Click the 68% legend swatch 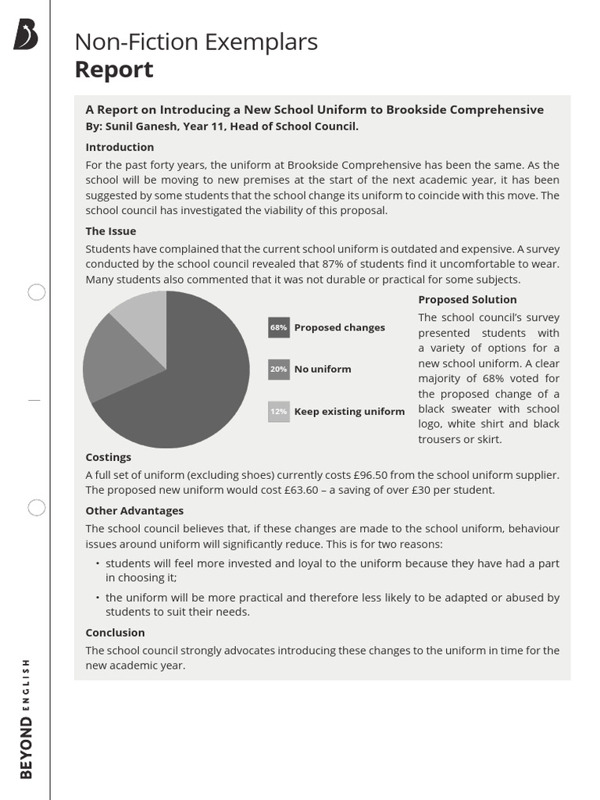pyautogui.click(x=278, y=328)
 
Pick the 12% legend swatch pyautogui.click(x=278, y=411)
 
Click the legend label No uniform pyautogui.click(x=323, y=370)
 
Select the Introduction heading pyautogui.click(x=120, y=147)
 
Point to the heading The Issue pyautogui.click(x=110, y=231)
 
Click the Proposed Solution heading pyautogui.click(x=467, y=299)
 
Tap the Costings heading pyautogui.click(x=108, y=457)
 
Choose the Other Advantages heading pyautogui.click(x=134, y=511)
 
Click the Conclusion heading pyautogui.click(x=115, y=633)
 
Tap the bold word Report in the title pyautogui.click(x=113, y=70)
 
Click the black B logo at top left pyautogui.click(x=26, y=36)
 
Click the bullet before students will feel pyautogui.click(x=97, y=563)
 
